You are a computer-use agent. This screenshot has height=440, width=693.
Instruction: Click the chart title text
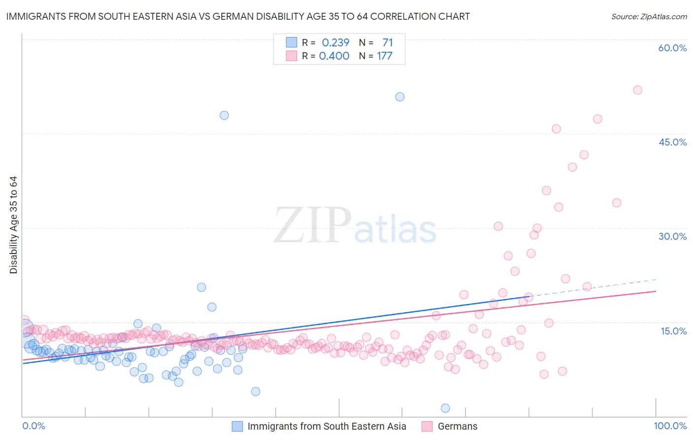(x=238, y=16)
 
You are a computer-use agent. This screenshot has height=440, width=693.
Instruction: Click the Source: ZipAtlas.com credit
(x=649, y=16)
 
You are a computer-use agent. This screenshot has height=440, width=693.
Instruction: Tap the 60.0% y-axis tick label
(x=672, y=48)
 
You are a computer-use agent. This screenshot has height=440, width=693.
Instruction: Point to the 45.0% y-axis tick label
(x=672, y=142)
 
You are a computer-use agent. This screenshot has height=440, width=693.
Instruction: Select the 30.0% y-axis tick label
(x=672, y=236)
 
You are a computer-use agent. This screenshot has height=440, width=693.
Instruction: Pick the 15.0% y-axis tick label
(x=673, y=330)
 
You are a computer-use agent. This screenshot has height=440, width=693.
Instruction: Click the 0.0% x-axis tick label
(x=34, y=426)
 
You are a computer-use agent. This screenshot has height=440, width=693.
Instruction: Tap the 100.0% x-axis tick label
(x=670, y=426)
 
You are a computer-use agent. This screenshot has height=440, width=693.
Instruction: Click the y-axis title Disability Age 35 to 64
(x=13, y=225)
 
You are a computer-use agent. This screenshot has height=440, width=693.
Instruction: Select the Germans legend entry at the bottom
(x=457, y=427)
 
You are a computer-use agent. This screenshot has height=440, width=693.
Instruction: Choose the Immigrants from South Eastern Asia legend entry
(x=326, y=427)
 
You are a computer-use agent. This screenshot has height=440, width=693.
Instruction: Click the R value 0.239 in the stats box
(x=335, y=43)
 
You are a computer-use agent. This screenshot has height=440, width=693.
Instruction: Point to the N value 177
(x=384, y=56)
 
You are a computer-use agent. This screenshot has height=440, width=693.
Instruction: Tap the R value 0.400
(x=334, y=56)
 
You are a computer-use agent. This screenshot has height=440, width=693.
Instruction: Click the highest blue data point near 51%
(x=400, y=97)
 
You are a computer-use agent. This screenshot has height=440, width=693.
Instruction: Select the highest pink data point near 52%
(x=637, y=90)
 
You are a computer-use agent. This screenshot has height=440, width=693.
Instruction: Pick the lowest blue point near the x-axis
(x=445, y=408)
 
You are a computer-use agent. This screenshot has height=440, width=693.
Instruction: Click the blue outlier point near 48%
(x=224, y=115)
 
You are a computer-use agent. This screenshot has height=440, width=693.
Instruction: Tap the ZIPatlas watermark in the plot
(x=355, y=226)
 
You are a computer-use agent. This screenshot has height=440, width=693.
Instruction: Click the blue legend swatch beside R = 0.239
(x=292, y=43)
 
